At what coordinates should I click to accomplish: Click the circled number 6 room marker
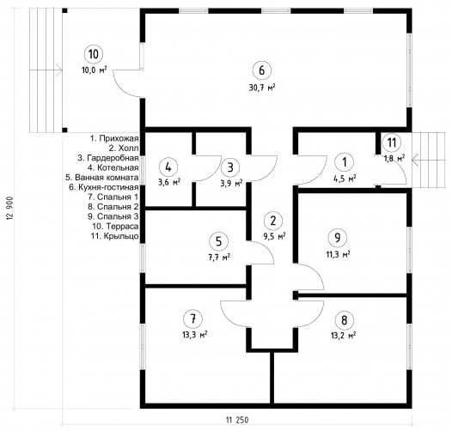pyautogui.click(x=262, y=70)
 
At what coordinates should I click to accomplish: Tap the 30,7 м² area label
pyautogui.click(x=262, y=88)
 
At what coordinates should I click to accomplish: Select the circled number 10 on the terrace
pyautogui.click(x=94, y=54)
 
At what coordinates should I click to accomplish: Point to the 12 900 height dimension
pyautogui.click(x=9, y=209)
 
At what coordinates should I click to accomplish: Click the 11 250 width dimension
pyautogui.click(x=237, y=420)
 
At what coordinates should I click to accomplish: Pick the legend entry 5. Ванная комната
pyautogui.click(x=102, y=178)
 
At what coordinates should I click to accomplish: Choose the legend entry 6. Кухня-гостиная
pyautogui.click(x=104, y=187)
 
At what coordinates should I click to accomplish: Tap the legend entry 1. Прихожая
pyautogui.click(x=114, y=138)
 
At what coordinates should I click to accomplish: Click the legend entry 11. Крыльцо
pyautogui.click(x=115, y=236)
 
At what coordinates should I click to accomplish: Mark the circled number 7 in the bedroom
pyautogui.click(x=192, y=319)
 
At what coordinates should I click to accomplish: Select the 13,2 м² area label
pyautogui.click(x=344, y=336)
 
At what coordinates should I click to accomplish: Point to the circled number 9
pyautogui.click(x=337, y=238)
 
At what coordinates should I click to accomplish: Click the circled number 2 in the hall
pyautogui.click(x=273, y=221)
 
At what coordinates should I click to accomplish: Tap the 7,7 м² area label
pyautogui.click(x=219, y=257)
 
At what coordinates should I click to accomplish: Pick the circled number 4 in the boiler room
pyautogui.click(x=168, y=167)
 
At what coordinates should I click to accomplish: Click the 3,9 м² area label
pyautogui.click(x=231, y=183)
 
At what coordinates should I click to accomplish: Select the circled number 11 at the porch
pyautogui.click(x=392, y=143)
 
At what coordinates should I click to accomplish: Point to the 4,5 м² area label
pyautogui.click(x=345, y=179)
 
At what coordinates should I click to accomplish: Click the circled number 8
pyautogui.click(x=344, y=320)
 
